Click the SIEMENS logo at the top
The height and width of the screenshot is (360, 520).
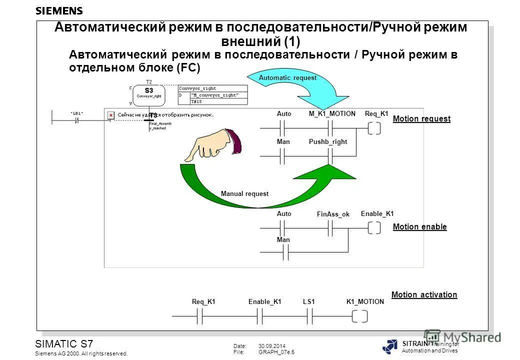pos(59,10)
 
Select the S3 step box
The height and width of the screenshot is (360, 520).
pos(148,93)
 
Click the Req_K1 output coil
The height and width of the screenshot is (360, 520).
pos(373,128)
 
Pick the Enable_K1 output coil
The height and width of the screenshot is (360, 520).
pos(373,228)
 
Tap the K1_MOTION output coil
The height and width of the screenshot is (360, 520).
pos(359,316)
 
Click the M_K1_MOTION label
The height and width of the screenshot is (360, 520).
pos(331,114)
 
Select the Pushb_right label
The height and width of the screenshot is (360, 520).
pos(327,142)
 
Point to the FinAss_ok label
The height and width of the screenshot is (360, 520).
pos(333,214)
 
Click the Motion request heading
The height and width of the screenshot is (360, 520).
pos(421,119)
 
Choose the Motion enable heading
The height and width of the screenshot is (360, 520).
pos(419,227)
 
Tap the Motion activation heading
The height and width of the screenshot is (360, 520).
pos(424,295)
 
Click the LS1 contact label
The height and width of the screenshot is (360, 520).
pos(308,302)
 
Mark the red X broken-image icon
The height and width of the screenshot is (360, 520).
pos(110,115)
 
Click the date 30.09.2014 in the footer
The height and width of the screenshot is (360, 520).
pos(272,346)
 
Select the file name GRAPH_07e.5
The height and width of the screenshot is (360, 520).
pos(276,352)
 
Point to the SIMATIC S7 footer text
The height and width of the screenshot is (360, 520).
pos(63,344)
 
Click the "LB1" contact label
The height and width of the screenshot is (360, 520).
pos(76,113)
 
